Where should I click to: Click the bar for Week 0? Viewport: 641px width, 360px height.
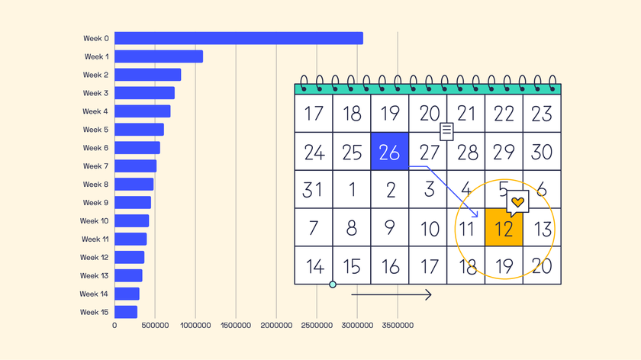click(x=238, y=38)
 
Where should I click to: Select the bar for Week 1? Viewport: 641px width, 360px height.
click(x=159, y=56)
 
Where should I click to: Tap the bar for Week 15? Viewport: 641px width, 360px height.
click(x=126, y=312)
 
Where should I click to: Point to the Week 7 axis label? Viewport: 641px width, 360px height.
click(x=96, y=166)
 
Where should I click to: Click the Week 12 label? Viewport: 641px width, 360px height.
click(x=95, y=257)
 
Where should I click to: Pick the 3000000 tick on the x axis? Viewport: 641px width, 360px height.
click(x=356, y=326)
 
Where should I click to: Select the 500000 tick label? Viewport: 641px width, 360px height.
click(x=155, y=326)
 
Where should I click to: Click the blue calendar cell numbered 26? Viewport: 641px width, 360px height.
click(x=389, y=151)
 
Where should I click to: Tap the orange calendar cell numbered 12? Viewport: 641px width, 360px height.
click(x=504, y=227)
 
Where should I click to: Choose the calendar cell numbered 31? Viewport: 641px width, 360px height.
click(x=314, y=189)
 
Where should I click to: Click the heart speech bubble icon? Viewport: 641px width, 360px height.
click(x=517, y=203)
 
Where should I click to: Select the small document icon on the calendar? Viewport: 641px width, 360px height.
click(x=447, y=131)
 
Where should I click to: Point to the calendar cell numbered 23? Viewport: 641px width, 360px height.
click(x=542, y=114)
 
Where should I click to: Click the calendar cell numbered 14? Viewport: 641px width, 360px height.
click(x=314, y=265)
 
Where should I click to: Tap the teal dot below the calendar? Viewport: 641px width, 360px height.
click(x=332, y=284)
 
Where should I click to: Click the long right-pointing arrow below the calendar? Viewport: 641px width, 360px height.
click(x=391, y=295)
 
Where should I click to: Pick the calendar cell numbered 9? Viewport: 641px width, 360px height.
click(x=389, y=227)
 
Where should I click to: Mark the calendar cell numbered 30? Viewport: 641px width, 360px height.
click(x=542, y=151)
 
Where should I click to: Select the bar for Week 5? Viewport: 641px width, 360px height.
click(x=139, y=130)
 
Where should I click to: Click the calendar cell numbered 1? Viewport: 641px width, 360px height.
click(x=352, y=189)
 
